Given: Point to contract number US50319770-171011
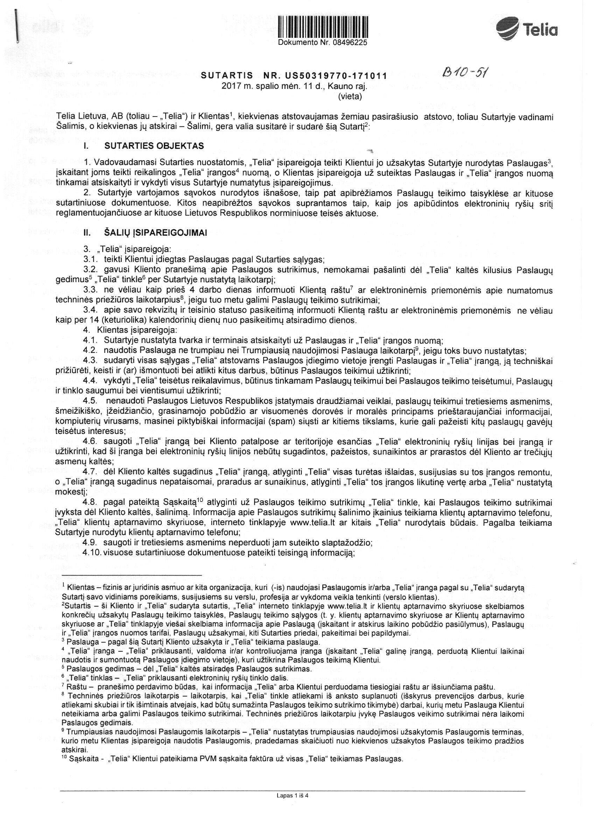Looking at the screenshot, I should [x=335, y=76].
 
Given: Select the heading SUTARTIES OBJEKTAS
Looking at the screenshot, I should [x=154, y=146].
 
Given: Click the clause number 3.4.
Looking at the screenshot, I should [x=90, y=310].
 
